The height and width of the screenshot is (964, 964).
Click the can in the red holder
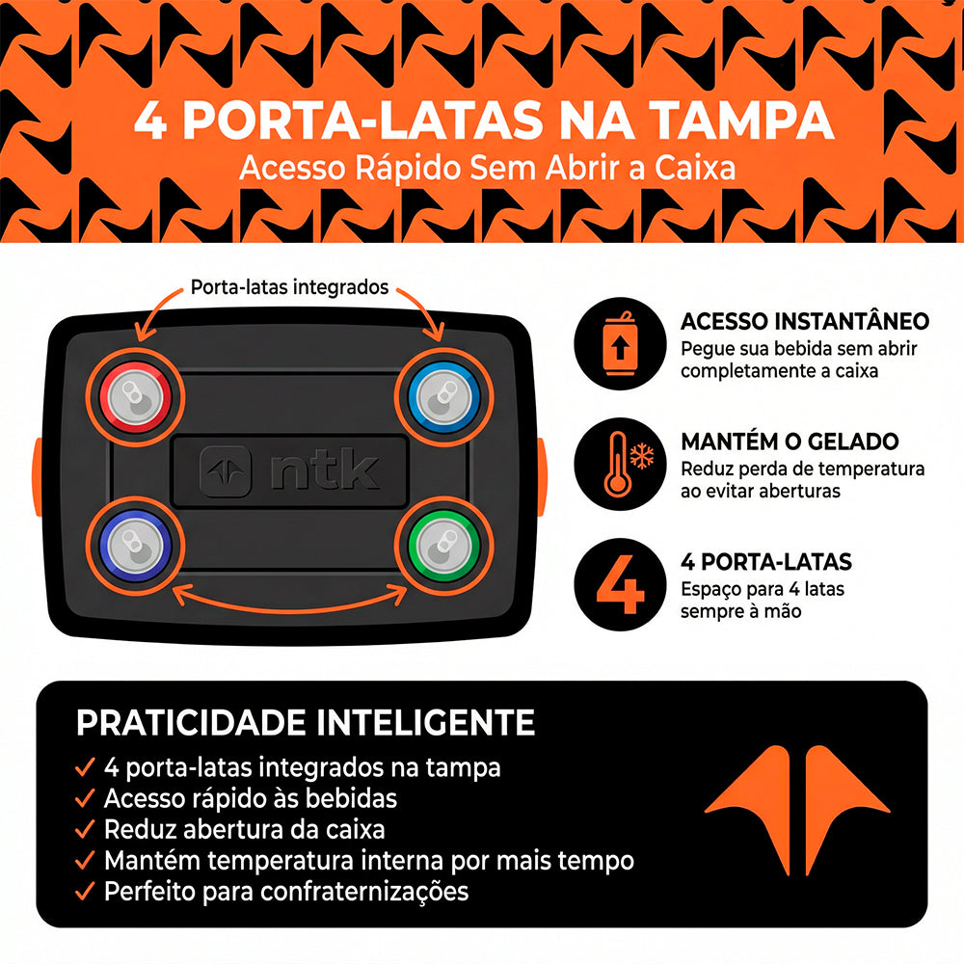tap(135, 397)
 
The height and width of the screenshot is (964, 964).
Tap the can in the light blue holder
tap(443, 397)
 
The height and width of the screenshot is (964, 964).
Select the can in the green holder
tap(443, 546)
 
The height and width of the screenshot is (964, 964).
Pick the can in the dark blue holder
tap(135, 546)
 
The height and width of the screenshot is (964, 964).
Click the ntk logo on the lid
tap(289, 471)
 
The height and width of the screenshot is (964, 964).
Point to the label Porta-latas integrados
tap(289, 287)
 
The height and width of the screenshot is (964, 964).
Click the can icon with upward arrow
tap(620, 343)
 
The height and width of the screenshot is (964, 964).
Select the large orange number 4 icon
tap(620, 584)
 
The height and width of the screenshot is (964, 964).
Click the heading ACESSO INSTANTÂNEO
tap(805, 321)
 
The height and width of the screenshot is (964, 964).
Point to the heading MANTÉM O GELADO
tap(790, 442)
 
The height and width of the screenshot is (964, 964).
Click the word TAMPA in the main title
tap(741, 120)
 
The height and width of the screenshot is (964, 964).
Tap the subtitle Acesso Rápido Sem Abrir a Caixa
tap(488, 168)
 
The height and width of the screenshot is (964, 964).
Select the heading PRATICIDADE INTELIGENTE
tap(306, 722)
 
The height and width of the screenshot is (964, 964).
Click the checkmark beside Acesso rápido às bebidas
tap(85, 798)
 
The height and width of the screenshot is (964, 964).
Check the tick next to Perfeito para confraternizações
tap(85, 891)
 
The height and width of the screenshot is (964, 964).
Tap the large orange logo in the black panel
tap(797, 811)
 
